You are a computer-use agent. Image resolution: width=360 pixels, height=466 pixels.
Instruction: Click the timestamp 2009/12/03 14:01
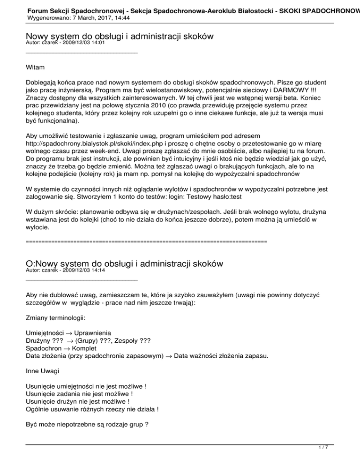click(x=85, y=43)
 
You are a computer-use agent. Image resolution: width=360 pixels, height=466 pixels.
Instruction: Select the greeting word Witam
click(x=36, y=68)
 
